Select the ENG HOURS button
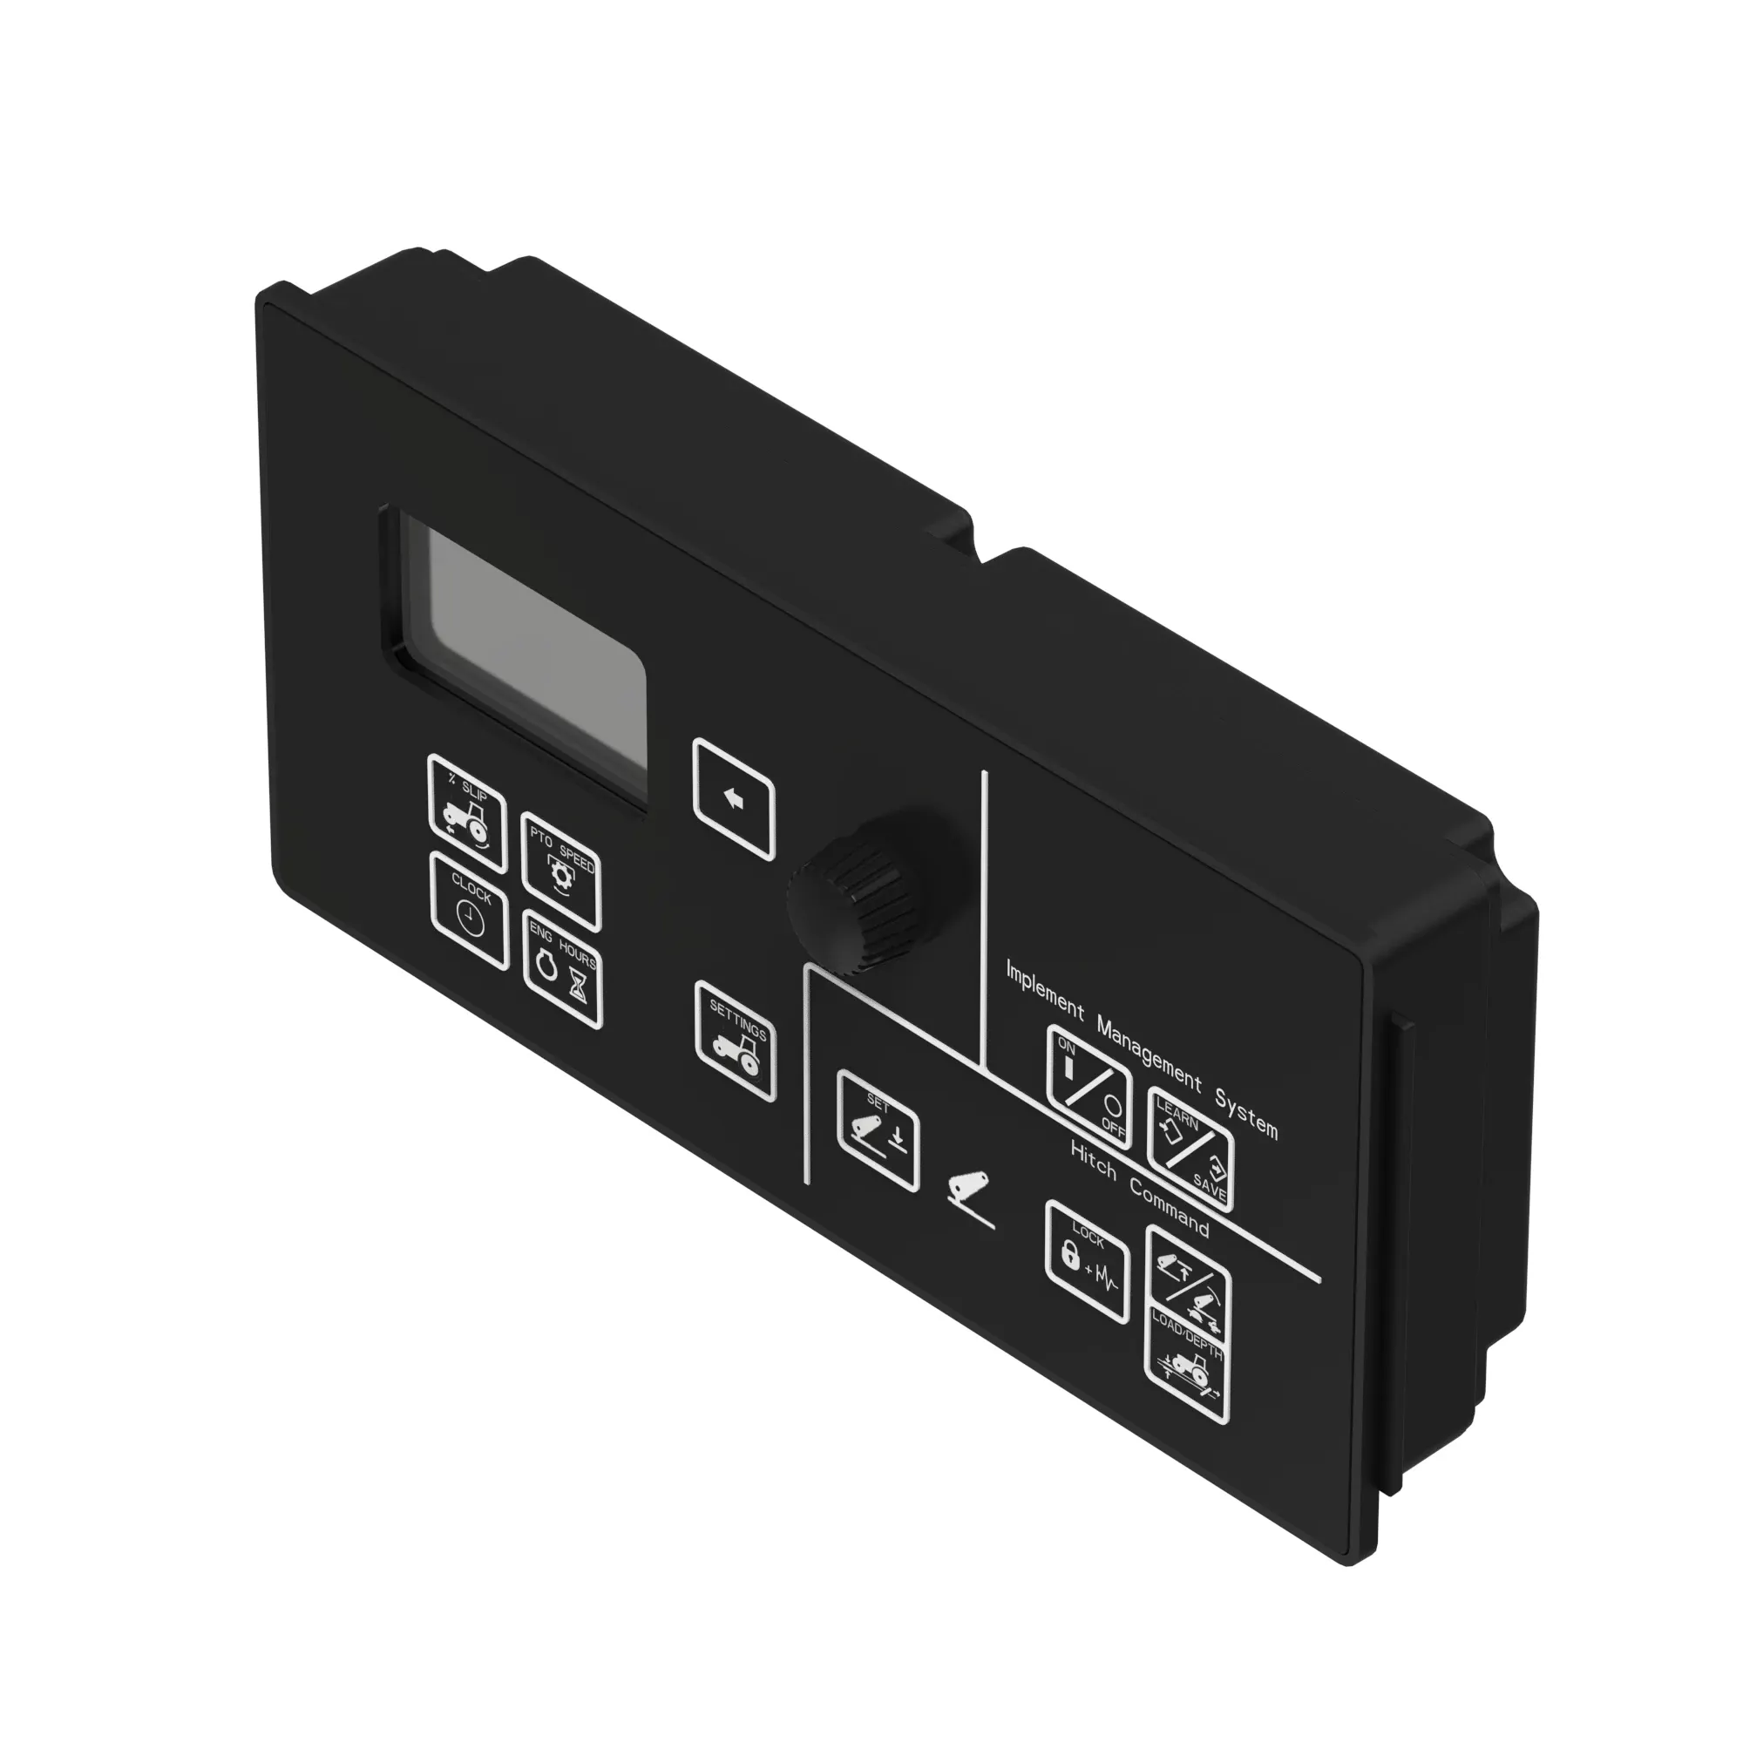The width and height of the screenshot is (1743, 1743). [x=562, y=967]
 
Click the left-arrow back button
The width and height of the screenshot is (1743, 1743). [x=734, y=799]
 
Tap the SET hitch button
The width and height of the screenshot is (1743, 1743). [x=878, y=1129]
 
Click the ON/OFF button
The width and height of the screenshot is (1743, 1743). [x=1088, y=1087]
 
